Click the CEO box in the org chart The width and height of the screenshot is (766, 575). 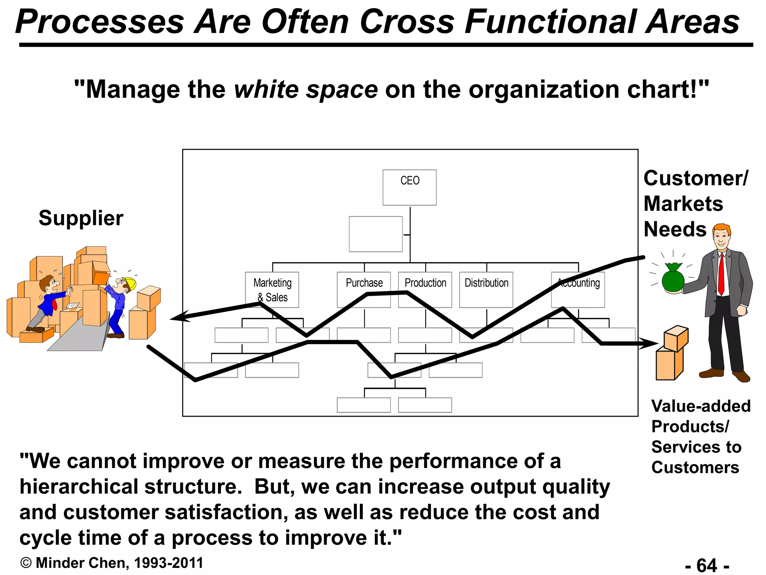point(409,187)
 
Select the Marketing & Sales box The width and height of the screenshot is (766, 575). point(272,289)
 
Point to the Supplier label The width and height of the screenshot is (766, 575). point(81,218)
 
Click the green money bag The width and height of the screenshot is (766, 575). point(673,279)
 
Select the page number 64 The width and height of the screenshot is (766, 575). point(707,565)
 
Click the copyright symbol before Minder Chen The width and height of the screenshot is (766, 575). point(26,563)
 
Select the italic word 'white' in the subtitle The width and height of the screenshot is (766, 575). point(266,90)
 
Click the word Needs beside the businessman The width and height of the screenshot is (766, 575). point(675,229)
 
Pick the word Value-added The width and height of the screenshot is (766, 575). point(701,406)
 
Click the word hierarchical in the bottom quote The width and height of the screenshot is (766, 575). point(79,487)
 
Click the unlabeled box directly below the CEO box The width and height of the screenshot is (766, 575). point(376,234)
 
